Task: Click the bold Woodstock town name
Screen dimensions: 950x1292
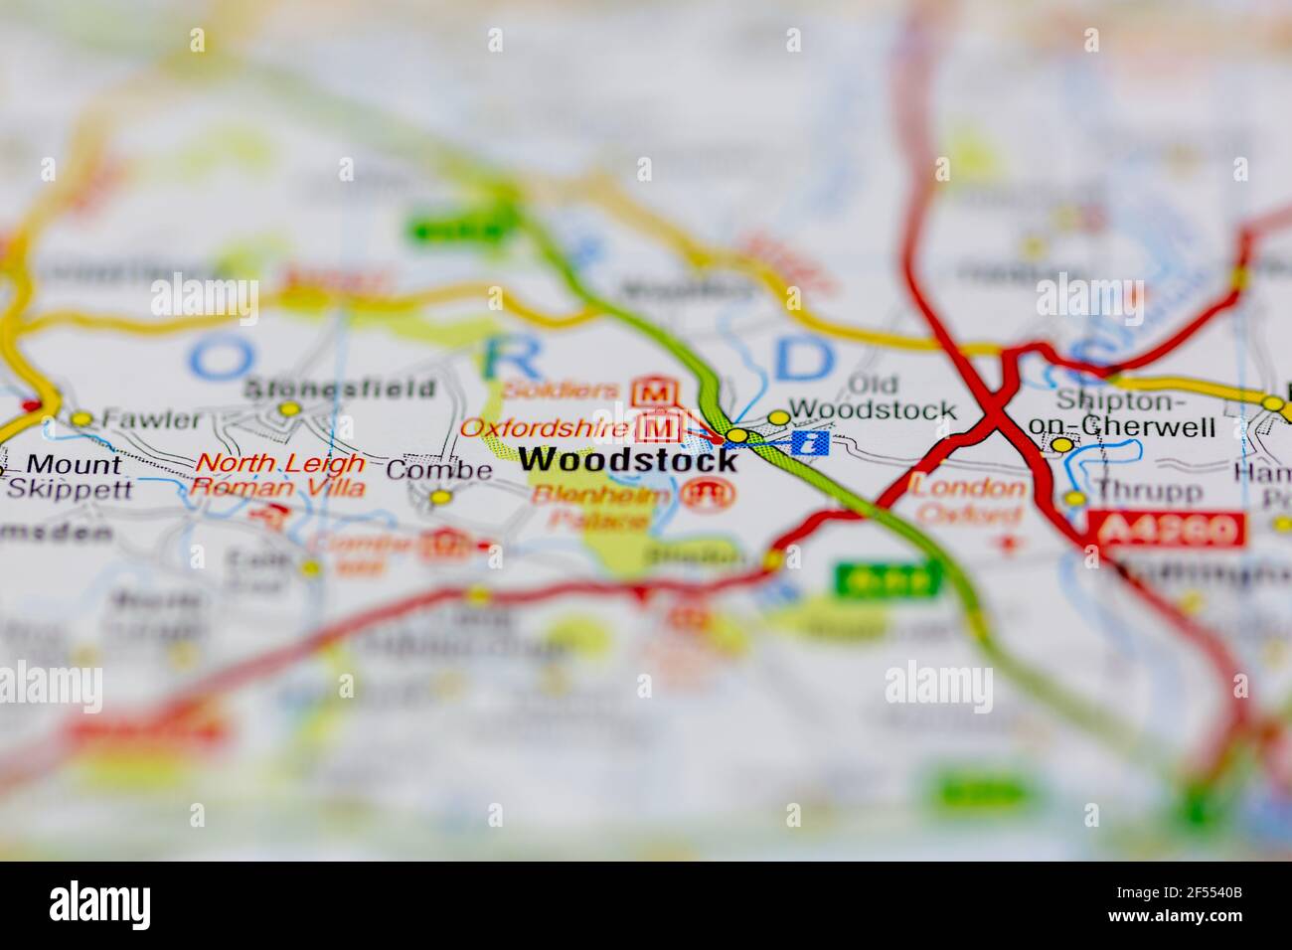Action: click(x=628, y=460)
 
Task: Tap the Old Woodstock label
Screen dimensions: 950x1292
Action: click(x=872, y=397)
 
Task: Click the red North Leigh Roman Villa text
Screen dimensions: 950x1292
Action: click(x=279, y=475)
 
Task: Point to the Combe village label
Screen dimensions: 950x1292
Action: click(x=438, y=470)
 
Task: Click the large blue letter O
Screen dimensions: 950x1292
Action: click(x=217, y=356)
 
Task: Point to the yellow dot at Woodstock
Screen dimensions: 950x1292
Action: click(x=736, y=435)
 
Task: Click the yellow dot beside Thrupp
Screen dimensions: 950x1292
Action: click(x=1074, y=498)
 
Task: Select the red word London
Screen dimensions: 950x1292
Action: click(x=969, y=487)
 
